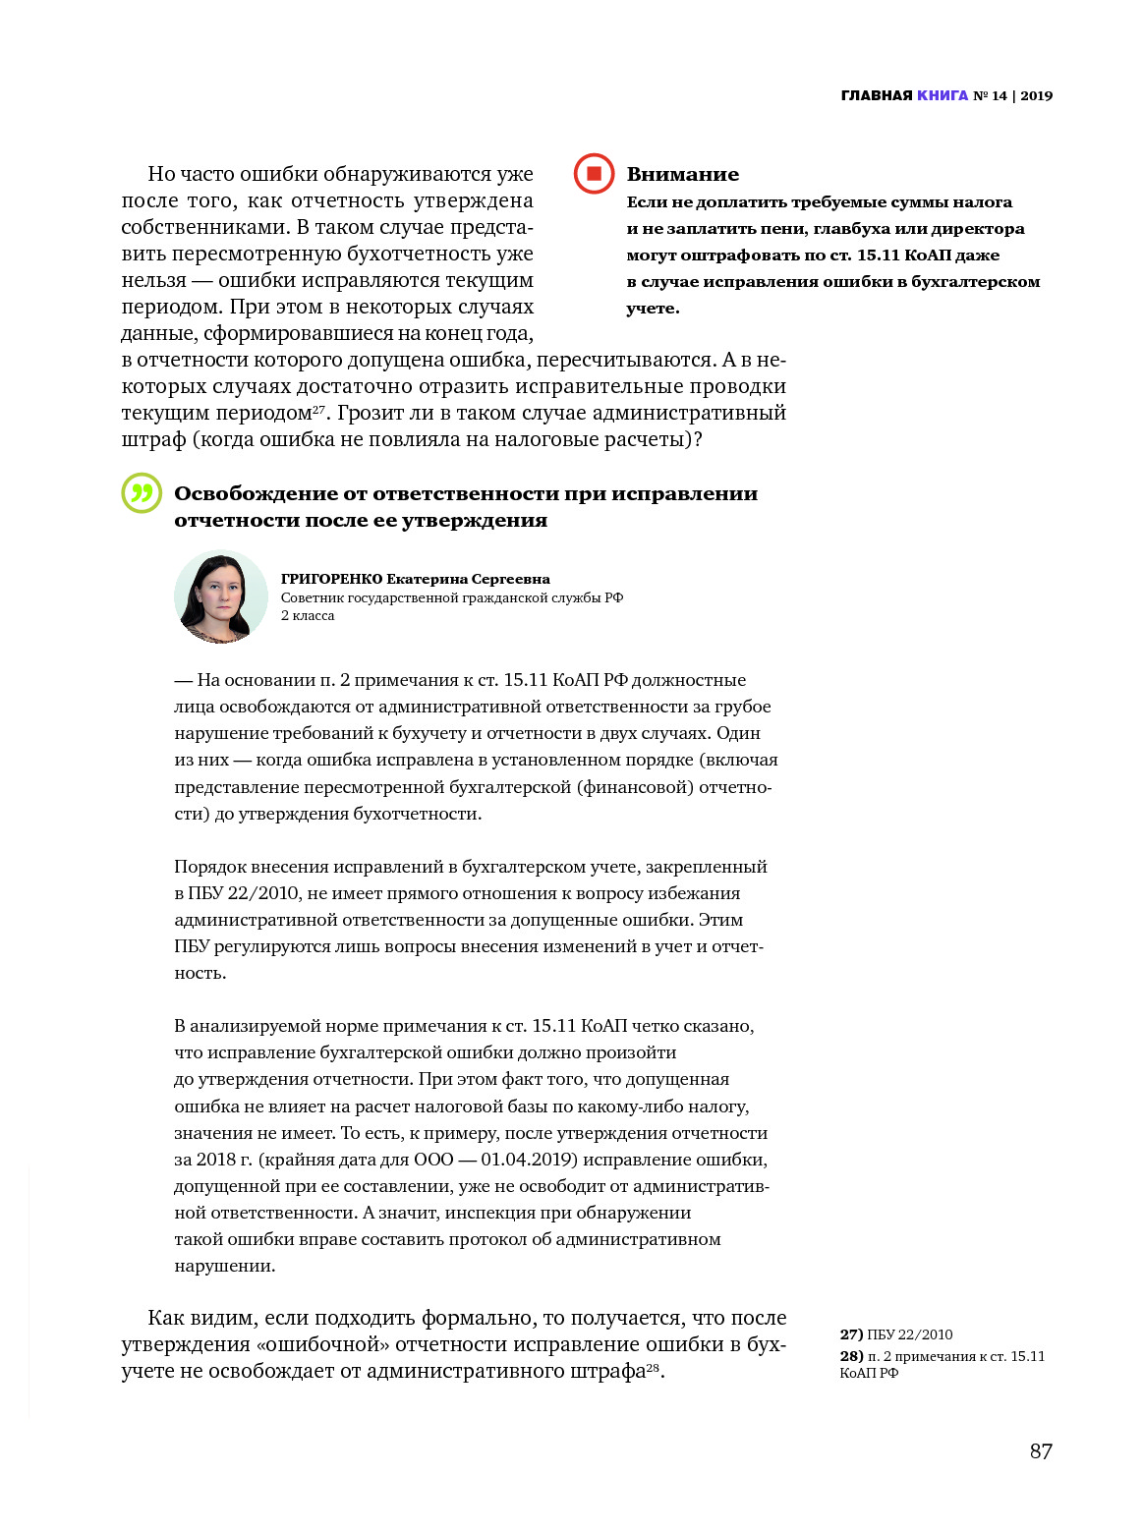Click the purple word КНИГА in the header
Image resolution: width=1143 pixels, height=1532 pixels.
point(943,95)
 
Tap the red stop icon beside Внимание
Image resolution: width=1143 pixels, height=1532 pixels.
point(594,174)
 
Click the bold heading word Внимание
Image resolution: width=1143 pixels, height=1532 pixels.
point(682,174)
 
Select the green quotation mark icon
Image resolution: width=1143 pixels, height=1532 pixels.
point(142,493)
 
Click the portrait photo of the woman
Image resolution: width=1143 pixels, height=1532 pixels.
point(220,596)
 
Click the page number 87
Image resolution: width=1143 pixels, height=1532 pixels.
point(1041,1451)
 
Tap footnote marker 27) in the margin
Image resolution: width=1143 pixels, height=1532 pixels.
point(851,1334)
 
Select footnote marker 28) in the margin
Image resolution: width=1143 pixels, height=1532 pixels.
point(851,1356)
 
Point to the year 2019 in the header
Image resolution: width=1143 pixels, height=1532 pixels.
point(1037,95)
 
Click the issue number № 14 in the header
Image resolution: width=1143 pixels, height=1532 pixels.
point(991,95)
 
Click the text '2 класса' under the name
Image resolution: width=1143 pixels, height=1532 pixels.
point(308,615)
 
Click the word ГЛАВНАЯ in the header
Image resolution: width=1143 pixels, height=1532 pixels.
point(877,95)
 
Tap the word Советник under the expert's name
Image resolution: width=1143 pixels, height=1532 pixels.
point(311,597)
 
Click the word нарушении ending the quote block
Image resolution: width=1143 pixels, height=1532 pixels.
point(224,1266)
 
